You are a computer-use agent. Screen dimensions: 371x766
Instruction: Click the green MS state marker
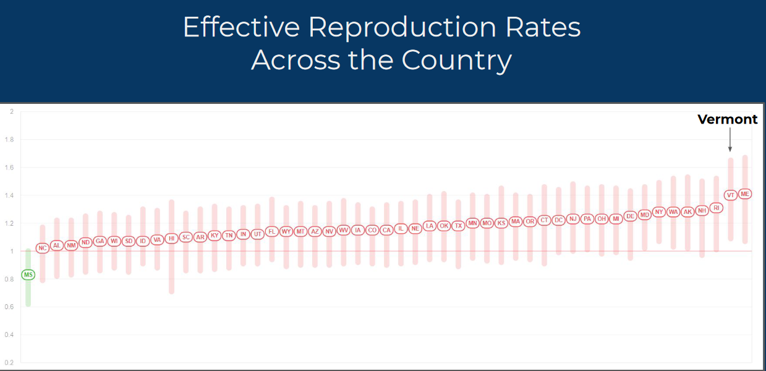28,274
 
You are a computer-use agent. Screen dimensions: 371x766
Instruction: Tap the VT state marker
731,195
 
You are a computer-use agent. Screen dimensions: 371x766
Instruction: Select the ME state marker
745,194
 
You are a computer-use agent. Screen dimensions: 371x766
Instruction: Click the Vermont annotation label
727,119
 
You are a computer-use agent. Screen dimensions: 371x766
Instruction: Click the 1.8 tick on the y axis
9,140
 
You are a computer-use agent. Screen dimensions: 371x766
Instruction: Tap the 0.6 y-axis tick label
9,307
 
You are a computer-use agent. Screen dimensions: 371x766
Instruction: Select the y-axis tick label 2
11,112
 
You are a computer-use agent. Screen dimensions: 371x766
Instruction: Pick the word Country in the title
456,61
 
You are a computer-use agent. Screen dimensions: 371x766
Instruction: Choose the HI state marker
171,238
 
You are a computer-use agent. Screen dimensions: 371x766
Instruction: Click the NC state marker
42,248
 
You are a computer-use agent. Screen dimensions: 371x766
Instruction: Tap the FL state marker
271,232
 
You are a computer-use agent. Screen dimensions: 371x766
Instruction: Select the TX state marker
458,226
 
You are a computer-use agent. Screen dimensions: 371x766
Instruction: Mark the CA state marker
386,229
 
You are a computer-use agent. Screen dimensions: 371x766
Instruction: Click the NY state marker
659,211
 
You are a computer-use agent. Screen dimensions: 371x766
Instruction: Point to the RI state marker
717,208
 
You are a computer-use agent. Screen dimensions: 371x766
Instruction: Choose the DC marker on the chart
558,220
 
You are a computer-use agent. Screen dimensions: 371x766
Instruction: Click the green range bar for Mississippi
28,294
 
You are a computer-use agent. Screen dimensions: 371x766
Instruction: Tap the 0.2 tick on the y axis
9,363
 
